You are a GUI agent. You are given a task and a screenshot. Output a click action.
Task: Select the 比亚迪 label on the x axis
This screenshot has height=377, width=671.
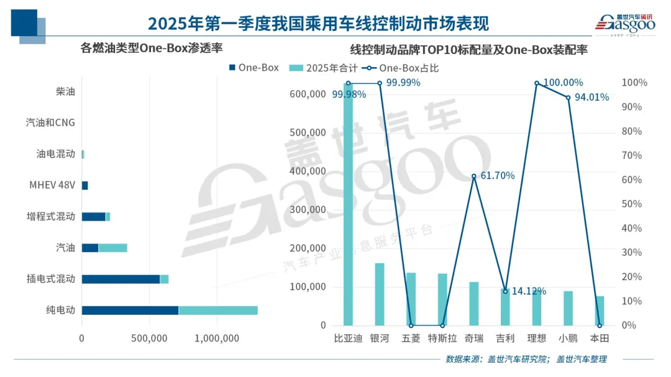[347, 338]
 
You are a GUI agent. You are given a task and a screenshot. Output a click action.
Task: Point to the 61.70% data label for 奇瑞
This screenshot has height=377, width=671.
[497, 176]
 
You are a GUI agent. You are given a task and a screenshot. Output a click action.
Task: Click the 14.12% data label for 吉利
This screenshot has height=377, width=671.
[528, 291]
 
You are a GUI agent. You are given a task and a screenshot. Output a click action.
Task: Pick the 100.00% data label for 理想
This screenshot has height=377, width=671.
[563, 83]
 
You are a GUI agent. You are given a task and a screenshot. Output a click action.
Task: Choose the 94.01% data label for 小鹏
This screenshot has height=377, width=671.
[590, 97]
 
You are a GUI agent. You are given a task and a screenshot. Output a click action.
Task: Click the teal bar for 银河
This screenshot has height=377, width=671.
[379, 294]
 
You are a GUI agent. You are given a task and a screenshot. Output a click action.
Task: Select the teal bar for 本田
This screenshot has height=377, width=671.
[600, 311]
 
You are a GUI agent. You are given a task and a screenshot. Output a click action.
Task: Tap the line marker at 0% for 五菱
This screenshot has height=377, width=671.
[411, 325]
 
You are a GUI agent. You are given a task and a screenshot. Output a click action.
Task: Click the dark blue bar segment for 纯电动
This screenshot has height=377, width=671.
[130, 310]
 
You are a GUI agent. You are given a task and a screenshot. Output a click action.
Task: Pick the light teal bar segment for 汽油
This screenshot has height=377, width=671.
[112, 248]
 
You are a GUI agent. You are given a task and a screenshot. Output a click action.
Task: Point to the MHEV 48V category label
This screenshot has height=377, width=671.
[52, 185]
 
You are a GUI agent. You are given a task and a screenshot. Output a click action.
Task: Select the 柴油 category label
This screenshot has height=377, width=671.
[65, 91]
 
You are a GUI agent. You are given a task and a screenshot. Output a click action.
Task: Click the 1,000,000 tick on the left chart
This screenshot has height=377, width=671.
[217, 338]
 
